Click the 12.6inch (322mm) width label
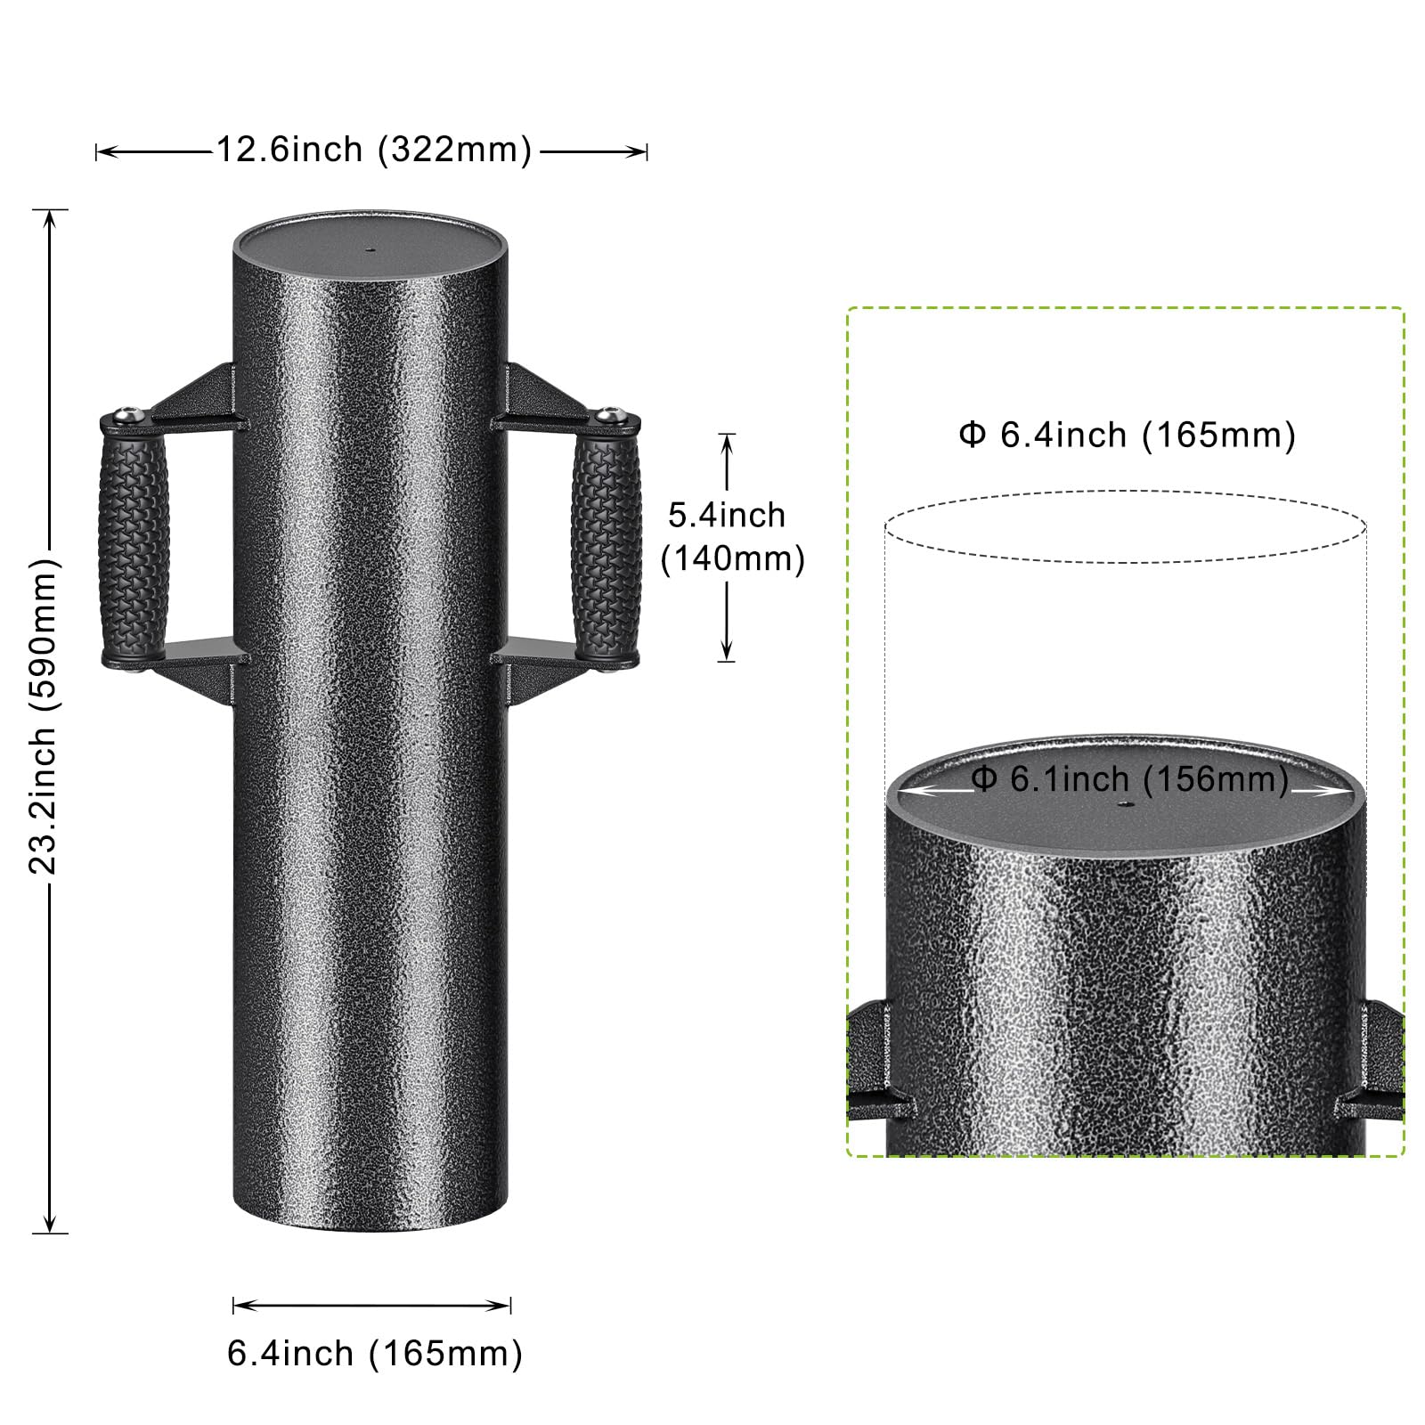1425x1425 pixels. (x=374, y=150)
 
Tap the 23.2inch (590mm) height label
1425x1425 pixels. (x=43, y=717)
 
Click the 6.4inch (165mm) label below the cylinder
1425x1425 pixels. (x=374, y=1353)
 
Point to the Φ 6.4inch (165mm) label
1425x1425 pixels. (x=1127, y=436)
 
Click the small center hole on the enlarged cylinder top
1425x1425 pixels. (x=1123, y=804)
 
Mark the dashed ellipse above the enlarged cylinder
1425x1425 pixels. (x=1125, y=526)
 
